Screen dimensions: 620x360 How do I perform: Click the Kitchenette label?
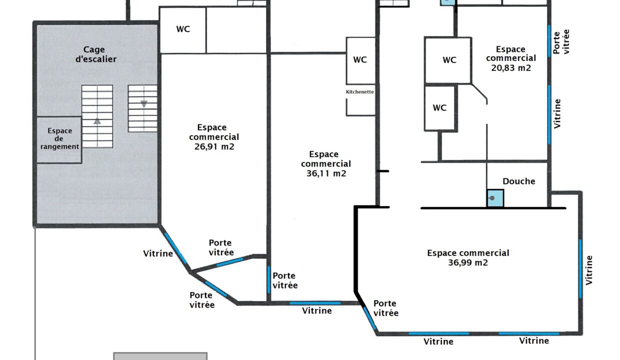pos(359,92)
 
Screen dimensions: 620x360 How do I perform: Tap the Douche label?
pos(518,181)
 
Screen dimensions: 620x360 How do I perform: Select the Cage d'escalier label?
pos(96,54)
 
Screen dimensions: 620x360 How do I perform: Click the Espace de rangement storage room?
pos(59,139)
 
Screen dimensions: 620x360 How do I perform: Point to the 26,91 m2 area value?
pos(214,146)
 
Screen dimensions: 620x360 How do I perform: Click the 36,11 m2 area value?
pos(326,173)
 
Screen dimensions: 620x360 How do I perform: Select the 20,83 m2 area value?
pos(511,68)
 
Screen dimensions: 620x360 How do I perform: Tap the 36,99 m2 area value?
pos(468,262)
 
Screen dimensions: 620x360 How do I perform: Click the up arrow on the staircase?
pos(97,121)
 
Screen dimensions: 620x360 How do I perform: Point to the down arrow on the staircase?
pos(144,104)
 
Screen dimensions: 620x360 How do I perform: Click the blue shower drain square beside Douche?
pos(495,198)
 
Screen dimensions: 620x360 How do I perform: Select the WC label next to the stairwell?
pos(183,29)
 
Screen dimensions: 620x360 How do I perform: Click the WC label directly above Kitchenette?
pos(360,59)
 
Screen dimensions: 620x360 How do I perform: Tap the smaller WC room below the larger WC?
pos(440,108)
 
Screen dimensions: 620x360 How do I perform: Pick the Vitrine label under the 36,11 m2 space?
pos(316,310)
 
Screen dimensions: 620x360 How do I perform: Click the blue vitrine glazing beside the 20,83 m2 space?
pos(549,115)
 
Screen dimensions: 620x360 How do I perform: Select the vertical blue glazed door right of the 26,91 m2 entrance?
pos(268,279)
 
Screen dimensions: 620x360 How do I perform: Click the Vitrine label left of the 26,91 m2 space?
pos(158,253)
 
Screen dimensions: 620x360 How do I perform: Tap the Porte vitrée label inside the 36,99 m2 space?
pos(386,308)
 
